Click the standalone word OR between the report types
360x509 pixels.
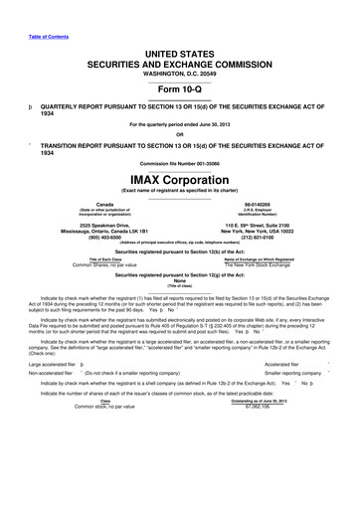[x=179, y=134]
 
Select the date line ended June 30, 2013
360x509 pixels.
[x=179, y=123]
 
